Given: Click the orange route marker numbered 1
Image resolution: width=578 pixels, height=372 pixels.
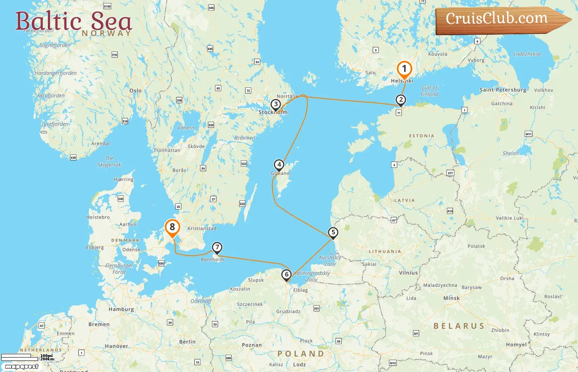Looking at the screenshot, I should tap(404, 69).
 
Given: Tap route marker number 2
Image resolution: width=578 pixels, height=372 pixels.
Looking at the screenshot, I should tap(400, 100).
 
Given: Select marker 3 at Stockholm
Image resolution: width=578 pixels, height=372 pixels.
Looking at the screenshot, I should tap(276, 105).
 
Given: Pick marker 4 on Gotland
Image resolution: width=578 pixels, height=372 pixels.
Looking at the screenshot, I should tap(279, 165).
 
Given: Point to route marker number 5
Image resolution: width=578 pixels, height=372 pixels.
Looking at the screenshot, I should tap(333, 232).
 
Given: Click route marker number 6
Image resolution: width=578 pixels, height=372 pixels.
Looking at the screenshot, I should tap(286, 274).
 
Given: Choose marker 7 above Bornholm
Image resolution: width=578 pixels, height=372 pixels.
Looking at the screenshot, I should tap(217, 248).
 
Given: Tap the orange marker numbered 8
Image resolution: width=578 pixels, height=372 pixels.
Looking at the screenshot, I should tap(172, 227).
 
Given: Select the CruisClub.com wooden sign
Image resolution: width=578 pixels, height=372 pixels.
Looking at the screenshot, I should tap(500, 19).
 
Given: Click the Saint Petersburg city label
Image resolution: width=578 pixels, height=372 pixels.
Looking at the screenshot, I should tap(503, 90).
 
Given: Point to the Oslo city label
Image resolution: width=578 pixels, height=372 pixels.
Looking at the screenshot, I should tap(135, 91).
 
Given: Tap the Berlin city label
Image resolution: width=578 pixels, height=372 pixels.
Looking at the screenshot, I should tap(187, 342).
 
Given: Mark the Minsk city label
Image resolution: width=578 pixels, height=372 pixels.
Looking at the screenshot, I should tap(451, 298).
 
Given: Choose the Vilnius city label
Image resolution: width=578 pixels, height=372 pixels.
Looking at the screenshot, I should tap(408, 273).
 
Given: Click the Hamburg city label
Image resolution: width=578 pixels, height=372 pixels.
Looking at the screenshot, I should tap(121, 309).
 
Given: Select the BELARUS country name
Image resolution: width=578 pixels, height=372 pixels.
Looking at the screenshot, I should tap(459, 326).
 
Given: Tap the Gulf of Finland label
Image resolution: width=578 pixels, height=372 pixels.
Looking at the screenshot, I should tap(429, 91).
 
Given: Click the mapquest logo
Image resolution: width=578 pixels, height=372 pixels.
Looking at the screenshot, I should tap(21, 367).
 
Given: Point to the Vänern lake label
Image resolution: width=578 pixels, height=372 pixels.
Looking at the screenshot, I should tap(186, 128).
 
